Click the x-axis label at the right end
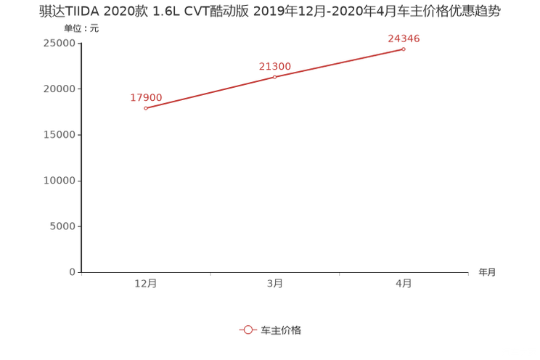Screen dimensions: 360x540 point(487,273)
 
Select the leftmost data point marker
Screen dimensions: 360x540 point(146,108)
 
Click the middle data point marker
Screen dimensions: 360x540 point(274,76)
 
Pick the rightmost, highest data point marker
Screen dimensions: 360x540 point(404,49)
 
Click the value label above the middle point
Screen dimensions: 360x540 point(274,66)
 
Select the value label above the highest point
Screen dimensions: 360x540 point(404,38)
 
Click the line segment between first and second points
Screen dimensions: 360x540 point(210,92)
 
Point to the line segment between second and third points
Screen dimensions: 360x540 point(339,62)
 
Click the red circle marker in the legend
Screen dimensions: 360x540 point(248,330)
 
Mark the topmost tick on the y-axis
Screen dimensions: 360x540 point(79,42)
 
